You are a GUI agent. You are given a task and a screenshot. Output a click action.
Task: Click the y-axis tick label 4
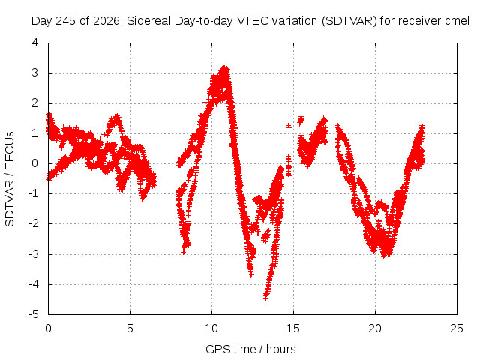(35, 43)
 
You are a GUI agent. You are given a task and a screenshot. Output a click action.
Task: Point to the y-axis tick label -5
(34, 314)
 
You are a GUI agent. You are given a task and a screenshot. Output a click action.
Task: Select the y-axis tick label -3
(34, 254)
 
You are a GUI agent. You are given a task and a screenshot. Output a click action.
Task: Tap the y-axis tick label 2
(35, 103)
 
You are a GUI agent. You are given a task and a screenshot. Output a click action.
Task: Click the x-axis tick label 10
(211, 328)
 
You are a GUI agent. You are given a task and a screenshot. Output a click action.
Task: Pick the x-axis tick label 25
(457, 328)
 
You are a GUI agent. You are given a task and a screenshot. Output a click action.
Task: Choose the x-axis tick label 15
(293, 328)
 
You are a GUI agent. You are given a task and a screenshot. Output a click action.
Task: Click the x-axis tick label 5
(130, 328)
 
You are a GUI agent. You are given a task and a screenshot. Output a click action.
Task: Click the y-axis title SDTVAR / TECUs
(10, 179)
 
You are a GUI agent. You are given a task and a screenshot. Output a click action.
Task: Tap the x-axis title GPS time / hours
(250, 349)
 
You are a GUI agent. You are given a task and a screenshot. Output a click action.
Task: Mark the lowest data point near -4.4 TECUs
(266, 296)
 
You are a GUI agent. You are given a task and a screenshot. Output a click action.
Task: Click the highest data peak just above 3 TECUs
(225, 68)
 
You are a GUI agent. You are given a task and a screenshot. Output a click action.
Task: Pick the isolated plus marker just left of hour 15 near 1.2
(288, 126)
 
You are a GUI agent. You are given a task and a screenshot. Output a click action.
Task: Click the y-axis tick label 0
(35, 163)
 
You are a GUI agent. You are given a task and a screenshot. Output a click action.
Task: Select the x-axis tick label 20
(375, 328)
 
